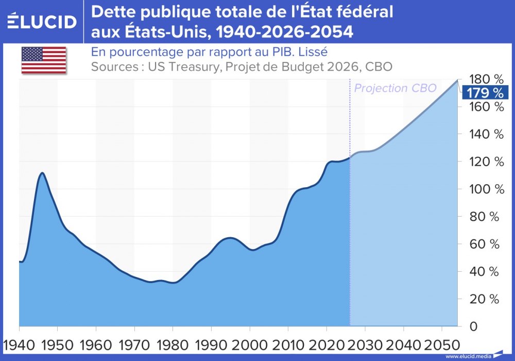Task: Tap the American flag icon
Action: click(x=44, y=60)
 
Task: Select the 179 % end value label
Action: click(x=485, y=93)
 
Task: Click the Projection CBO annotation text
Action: click(x=395, y=88)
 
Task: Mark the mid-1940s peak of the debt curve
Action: click(x=42, y=173)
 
